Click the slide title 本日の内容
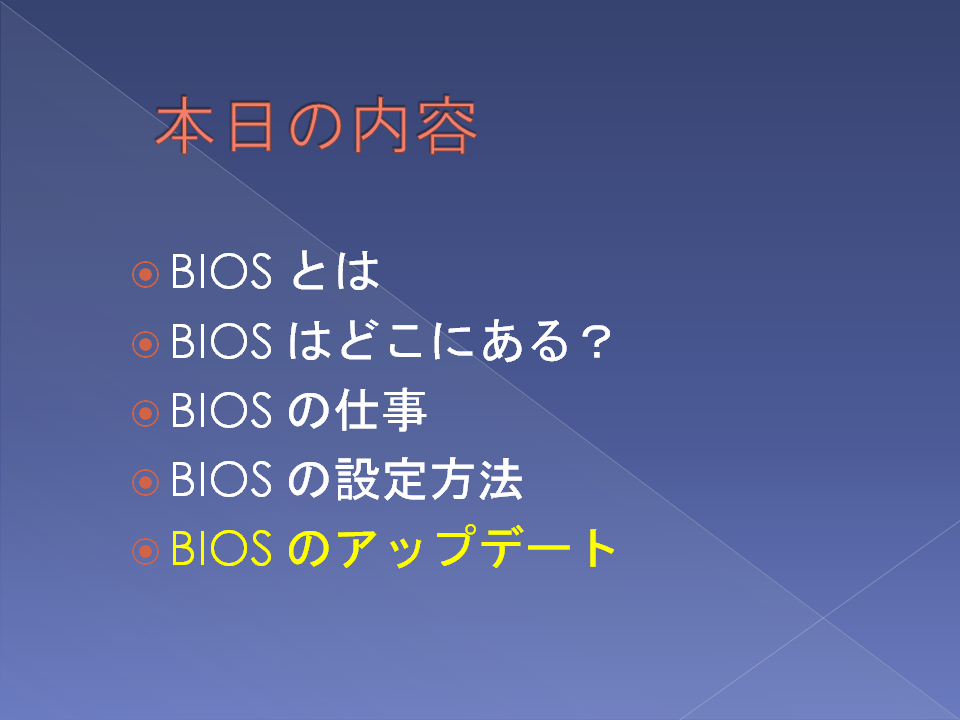pos(316,125)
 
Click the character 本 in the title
pos(185,125)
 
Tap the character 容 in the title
pos(446,125)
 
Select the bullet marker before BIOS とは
pos(145,274)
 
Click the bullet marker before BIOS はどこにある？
pos(145,344)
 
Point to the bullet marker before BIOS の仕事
pos(145,413)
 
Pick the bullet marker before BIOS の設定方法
pos(145,482)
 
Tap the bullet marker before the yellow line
pos(145,551)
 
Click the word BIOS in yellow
pos(221,548)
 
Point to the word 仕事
pos(381,409)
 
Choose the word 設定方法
pos(429,479)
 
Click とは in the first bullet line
pos(334,271)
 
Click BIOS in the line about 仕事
pos(221,410)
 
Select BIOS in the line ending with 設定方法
pos(221,479)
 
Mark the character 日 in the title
pos(250,126)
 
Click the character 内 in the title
pos(380,125)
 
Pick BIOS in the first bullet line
pos(221,271)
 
